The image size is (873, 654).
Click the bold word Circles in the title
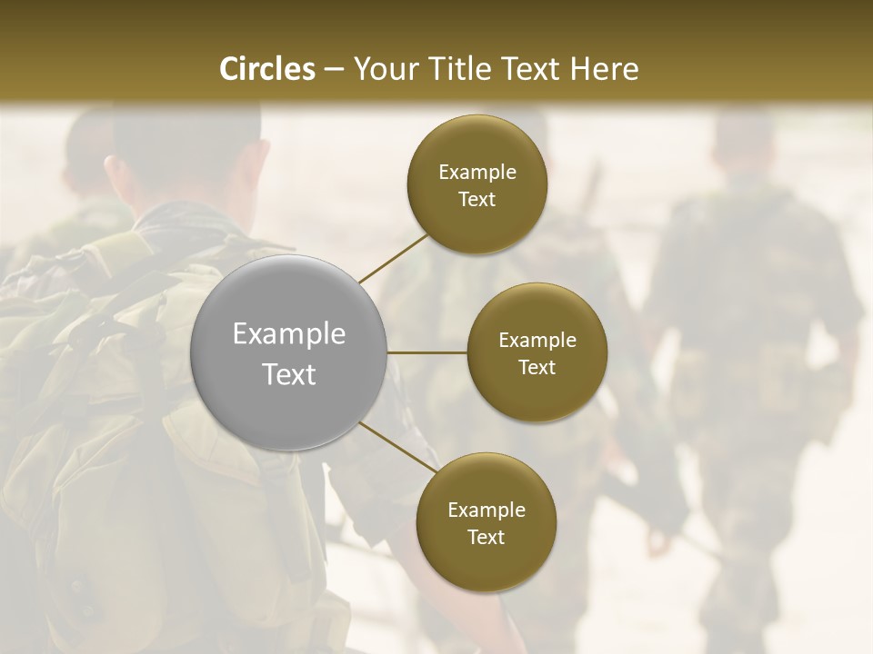[x=267, y=69]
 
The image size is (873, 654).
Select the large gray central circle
[x=289, y=352]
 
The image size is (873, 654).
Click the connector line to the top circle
[x=393, y=258]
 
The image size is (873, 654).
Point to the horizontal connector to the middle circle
[x=427, y=352]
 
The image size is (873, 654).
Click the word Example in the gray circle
[x=289, y=334]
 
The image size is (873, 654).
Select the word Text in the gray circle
[x=289, y=374]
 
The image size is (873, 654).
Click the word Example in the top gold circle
[x=477, y=173]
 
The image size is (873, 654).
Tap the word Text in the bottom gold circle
[x=486, y=537]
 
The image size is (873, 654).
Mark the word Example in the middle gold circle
[x=537, y=341]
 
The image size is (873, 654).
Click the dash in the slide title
[x=334, y=69]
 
